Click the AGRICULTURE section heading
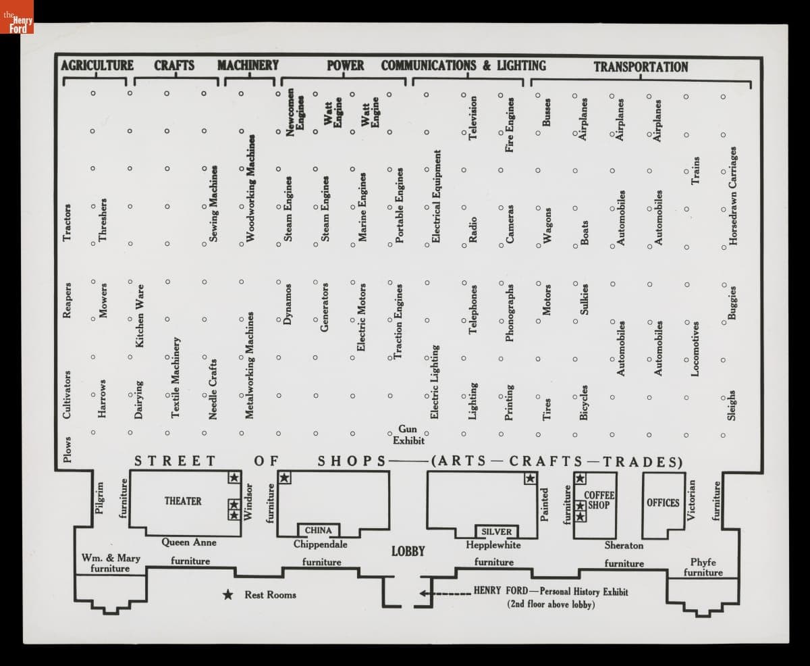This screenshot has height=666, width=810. pos(97,66)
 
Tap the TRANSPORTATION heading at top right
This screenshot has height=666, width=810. pos(641,67)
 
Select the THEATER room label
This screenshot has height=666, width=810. pos(183,501)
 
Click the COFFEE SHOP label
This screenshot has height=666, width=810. pos(599,501)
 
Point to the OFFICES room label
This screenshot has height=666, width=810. pos(663,503)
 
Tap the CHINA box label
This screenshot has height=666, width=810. pos(319,530)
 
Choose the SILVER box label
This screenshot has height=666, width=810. pos(497,532)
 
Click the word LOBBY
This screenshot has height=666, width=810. pos(408,551)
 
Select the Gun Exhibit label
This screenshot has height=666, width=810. pos(408,435)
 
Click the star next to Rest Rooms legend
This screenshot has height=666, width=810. pos(229,595)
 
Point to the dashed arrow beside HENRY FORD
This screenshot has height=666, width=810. pos(443,594)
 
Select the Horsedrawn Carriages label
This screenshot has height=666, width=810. pos(732,197)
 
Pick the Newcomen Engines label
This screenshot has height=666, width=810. pos(296,113)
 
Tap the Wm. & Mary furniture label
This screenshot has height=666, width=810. pos(111,563)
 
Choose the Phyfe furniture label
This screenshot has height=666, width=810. pos(703,567)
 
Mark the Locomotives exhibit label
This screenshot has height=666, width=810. pos(695,348)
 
